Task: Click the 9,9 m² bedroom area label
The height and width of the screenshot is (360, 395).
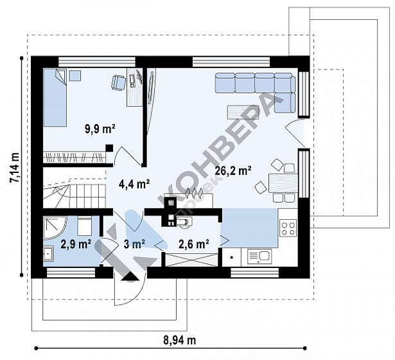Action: pyautogui.click(x=100, y=129)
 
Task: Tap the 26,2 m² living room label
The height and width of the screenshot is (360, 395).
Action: pyautogui.click(x=233, y=170)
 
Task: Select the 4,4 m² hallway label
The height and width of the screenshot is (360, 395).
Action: pyautogui.click(x=134, y=184)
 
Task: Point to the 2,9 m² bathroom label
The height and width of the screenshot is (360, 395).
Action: pyautogui.click(x=76, y=244)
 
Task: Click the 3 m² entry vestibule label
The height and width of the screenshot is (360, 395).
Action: pyautogui.click(x=134, y=244)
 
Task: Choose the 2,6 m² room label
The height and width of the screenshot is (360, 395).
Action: pyautogui.click(x=194, y=244)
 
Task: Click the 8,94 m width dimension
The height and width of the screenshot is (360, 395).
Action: pyautogui.click(x=180, y=340)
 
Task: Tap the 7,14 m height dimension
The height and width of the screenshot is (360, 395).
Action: pyautogui.click(x=15, y=167)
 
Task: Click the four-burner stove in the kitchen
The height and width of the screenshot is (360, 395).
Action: pyautogui.click(x=288, y=228)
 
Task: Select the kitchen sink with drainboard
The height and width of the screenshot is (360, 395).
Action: pyautogui.click(x=259, y=256)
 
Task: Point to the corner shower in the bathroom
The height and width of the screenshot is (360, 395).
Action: pyautogui.click(x=55, y=228)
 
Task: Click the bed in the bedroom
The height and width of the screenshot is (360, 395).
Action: pyautogui.click(x=55, y=98)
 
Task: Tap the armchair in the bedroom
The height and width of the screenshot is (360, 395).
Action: pyautogui.click(x=118, y=82)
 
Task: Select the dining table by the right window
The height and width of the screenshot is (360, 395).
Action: pyautogui.click(x=283, y=183)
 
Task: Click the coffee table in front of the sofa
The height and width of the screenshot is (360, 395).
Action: pyautogui.click(x=243, y=112)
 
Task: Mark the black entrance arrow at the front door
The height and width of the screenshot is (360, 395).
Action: pyautogui.click(x=130, y=276)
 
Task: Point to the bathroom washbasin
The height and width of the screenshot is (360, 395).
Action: pyautogui.click(x=48, y=253)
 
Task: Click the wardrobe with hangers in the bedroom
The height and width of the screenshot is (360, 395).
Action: pyautogui.click(x=75, y=157)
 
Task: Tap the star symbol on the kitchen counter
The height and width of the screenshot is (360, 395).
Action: pyautogui.click(x=232, y=257)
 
